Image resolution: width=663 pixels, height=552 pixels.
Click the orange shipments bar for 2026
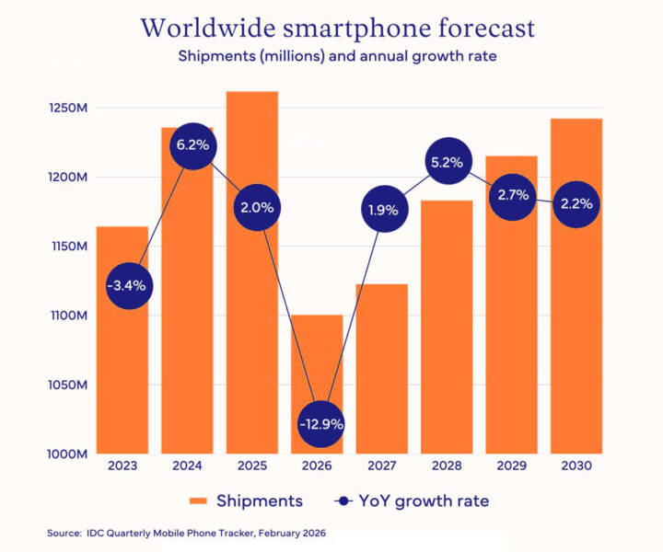pyautogui.click(x=317, y=368)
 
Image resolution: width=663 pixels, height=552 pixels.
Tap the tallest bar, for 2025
pyautogui.click(x=252, y=350)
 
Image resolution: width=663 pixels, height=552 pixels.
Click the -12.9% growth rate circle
pyautogui.click(x=321, y=424)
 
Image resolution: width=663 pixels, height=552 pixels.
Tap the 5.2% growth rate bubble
pyautogui.click(x=446, y=162)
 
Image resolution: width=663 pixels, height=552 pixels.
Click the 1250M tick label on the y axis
pyautogui.click(x=69, y=109)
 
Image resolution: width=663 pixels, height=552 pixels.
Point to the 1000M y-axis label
pyautogui.click(x=69, y=454)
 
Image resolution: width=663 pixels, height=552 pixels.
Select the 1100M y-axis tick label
pyautogui.click(x=69, y=316)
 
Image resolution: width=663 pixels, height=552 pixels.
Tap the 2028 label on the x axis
pyautogui.click(x=447, y=467)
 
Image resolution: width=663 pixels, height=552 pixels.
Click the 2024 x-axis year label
pyautogui.click(x=188, y=467)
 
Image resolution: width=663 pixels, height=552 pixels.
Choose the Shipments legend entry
pyautogui.click(x=246, y=501)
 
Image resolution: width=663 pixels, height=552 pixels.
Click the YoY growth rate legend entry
pyautogui.click(x=412, y=501)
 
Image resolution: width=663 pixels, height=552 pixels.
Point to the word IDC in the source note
pyautogui.click(x=99, y=534)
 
